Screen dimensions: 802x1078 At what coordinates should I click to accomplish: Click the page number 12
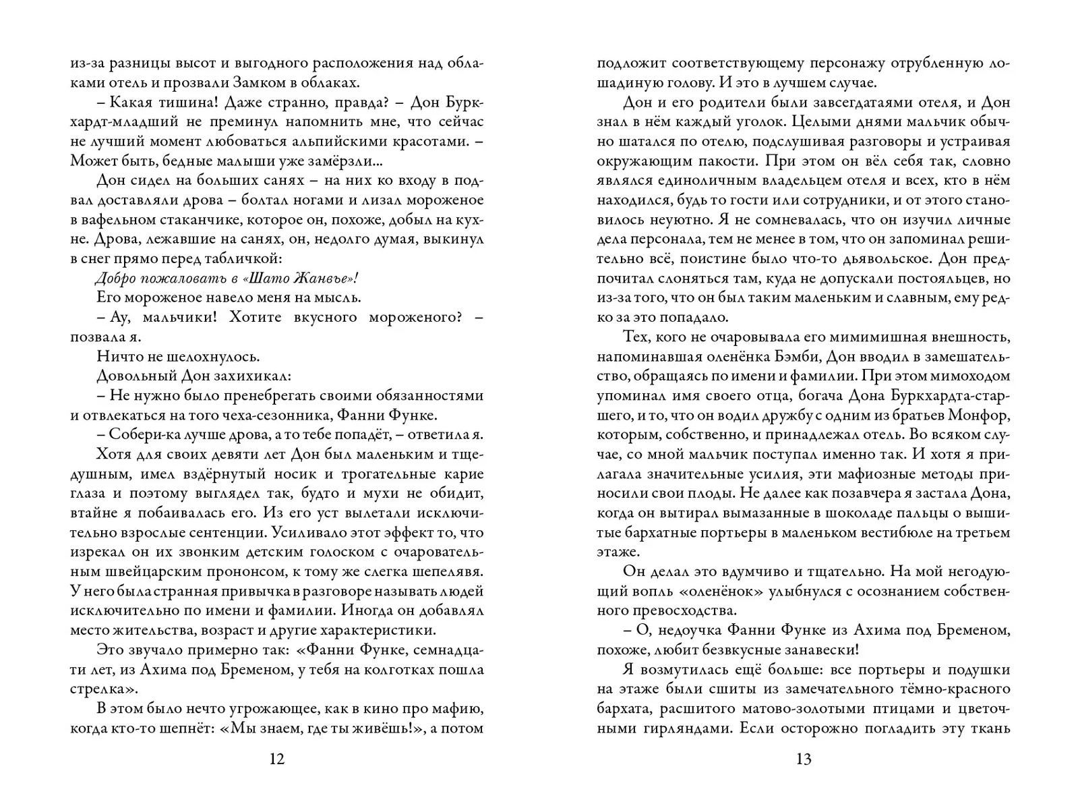point(277,760)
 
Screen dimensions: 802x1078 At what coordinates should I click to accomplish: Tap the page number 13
point(804,760)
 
